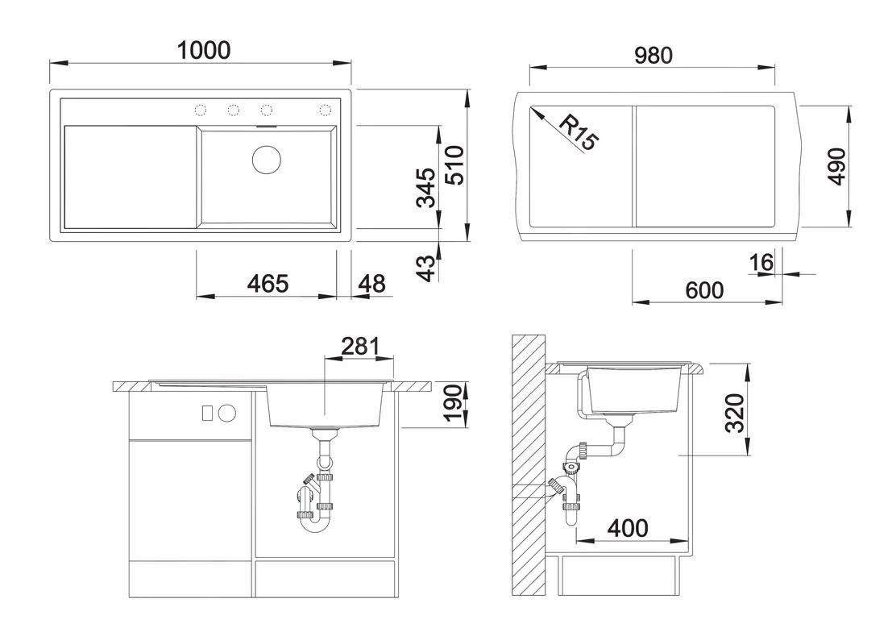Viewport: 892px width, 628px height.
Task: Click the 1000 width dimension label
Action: click(x=204, y=50)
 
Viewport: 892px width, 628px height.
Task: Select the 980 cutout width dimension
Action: click(x=652, y=56)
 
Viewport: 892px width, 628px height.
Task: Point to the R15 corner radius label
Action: click(x=579, y=133)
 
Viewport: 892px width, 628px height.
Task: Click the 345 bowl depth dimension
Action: click(x=426, y=187)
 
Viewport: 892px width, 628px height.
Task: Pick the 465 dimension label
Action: click(x=267, y=284)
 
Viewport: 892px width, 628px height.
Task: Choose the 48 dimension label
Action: click(x=371, y=284)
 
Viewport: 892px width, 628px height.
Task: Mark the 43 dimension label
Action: click(x=426, y=266)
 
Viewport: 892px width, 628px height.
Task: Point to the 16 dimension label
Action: click(x=761, y=262)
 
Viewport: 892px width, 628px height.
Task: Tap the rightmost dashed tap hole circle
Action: click(x=326, y=110)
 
